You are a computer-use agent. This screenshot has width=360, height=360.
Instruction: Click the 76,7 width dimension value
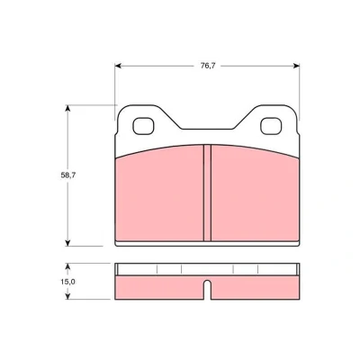point(208,66)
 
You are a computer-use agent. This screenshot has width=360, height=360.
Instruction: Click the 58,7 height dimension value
point(68,175)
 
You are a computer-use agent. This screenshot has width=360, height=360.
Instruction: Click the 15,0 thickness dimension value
point(68,282)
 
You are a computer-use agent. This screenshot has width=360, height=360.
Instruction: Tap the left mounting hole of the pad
point(143,126)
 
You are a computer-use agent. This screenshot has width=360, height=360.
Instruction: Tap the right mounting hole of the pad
point(271,126)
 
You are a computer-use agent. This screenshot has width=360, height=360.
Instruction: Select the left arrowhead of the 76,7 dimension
point(118,66)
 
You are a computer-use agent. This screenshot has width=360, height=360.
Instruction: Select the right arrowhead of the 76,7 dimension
point(296,66)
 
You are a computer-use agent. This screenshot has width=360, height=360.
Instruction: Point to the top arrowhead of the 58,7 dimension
point(67,108)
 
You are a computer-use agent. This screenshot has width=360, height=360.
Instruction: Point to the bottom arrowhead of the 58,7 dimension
point(67,243)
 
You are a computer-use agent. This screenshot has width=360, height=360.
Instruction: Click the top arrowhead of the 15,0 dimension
point(67,266)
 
